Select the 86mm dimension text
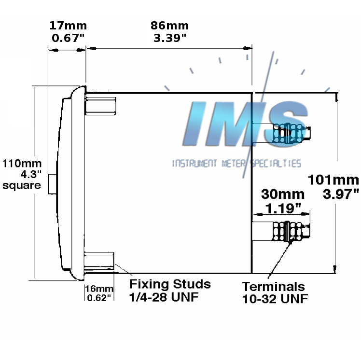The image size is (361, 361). (169, 26)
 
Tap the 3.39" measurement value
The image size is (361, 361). (169, 38)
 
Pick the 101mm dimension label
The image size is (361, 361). (334, 180)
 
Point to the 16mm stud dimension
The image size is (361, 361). (98, 289)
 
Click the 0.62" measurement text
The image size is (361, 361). (99, 297)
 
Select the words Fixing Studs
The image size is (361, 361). (170, 283)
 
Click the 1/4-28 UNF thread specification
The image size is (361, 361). (164, 297)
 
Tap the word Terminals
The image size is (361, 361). (274, 286)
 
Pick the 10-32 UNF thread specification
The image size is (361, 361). (275, 299)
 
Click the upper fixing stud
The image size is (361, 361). (101, 106)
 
